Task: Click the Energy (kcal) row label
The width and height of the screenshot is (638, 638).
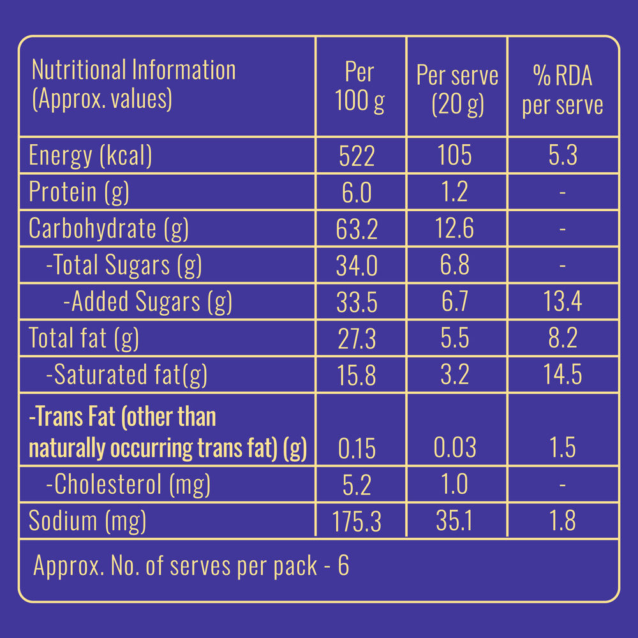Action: [90, 156]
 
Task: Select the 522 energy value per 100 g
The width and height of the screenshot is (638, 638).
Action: [357, 156]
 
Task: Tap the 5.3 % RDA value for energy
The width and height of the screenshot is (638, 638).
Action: [563, 156]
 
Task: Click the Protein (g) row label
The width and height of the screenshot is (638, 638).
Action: [79, 192]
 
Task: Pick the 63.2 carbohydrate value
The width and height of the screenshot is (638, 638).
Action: [357, 228]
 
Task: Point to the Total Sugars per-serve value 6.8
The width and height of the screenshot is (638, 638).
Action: [456, 265]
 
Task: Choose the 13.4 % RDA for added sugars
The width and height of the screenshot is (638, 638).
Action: [562, 301]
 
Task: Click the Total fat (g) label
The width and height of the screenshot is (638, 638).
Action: [84, 338]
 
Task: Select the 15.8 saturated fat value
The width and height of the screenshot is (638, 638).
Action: [357, 375]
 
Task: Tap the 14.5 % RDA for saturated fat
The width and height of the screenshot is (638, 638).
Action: [562, 375]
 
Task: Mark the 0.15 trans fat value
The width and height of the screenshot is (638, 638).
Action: [357, 448]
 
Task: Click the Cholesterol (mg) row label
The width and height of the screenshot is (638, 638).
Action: [128, 485]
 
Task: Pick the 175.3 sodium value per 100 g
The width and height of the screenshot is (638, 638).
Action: [357, 522]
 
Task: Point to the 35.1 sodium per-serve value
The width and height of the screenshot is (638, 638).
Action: [456, 522]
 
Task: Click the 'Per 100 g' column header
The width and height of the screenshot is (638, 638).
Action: [360, 87]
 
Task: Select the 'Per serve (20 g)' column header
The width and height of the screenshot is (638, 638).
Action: [457, 89]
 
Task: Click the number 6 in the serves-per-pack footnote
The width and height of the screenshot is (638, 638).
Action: [343, 566]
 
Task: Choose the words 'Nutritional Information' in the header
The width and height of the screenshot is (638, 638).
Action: [133, 70]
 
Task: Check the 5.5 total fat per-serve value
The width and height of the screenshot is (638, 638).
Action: [456, 338]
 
